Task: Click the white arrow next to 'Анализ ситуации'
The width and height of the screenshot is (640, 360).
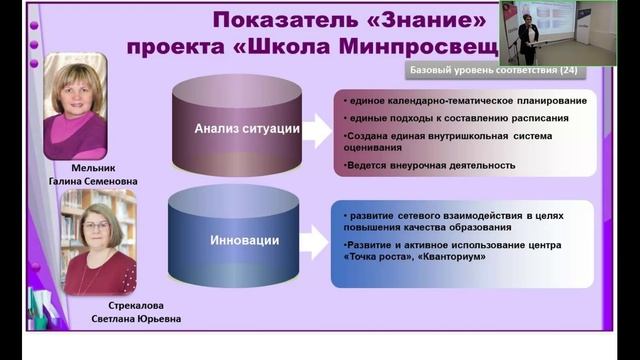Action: click(317, 130)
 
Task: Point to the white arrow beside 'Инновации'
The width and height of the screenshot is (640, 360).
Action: click(317, 241)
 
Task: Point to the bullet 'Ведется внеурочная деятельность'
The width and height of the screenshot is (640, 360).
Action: click(430, 164)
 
